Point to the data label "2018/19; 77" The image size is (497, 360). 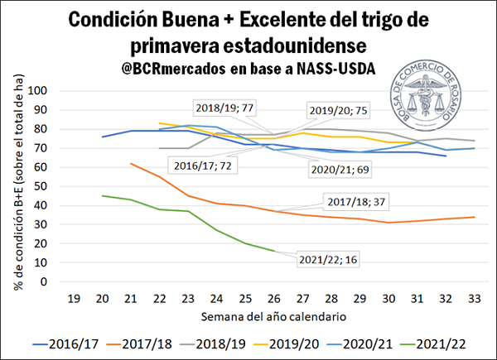click(224, 108)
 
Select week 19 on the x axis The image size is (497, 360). click(72, 297)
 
